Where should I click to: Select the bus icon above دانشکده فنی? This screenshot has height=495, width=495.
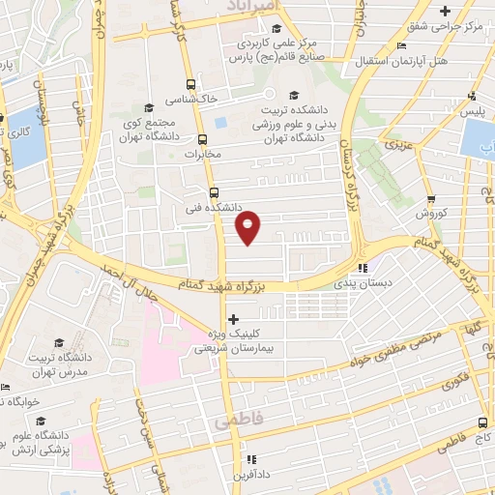(214, 191)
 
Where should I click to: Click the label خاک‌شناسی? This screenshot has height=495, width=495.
(189, 100)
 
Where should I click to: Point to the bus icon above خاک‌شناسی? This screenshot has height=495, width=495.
(189, 84)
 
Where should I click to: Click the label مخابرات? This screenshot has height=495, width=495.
(203, 155)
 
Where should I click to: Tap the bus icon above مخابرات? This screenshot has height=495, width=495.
(202, 139)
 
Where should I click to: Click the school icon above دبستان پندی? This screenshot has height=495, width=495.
(363, 269)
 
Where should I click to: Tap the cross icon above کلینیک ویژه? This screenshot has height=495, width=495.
(232, 318)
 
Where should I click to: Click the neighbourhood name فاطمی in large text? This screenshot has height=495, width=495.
(239, 423)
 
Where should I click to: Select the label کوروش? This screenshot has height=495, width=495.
(429, 213)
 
